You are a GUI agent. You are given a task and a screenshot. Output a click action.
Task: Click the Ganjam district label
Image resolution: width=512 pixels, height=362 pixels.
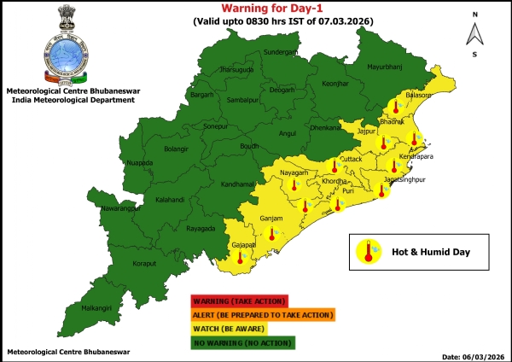point(271,219)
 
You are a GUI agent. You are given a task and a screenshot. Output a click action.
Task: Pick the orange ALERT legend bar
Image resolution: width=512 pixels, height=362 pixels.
point(261,315)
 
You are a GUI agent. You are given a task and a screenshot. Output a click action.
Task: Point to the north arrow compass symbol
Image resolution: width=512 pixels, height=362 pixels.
point(475,34)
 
